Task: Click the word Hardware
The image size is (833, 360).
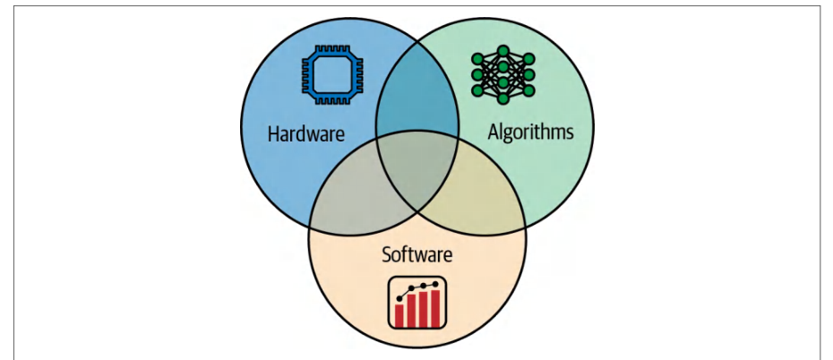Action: click(x=306, y=133)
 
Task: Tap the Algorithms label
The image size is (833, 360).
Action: click(x=531, y=132)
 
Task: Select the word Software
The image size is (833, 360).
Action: click(x=417, y=254)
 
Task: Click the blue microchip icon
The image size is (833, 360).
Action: click(x=332, y=74)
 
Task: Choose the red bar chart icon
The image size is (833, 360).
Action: click(x=417, y=304)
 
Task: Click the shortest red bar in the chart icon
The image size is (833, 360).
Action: click(x=399, y=315)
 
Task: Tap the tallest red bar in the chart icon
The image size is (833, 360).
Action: click(x=435, y=308)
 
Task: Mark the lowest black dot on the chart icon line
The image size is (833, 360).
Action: click(x=399, y=298)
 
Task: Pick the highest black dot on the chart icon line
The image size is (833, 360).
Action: click(x=436, y=284)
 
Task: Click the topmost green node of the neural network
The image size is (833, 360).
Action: click(x=503, y=50)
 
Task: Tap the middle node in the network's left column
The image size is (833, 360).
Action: click(x=477, y=74)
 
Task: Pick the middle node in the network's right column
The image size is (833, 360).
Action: click(x=529, y=74)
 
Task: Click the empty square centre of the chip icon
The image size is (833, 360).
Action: click(x=332, y=74)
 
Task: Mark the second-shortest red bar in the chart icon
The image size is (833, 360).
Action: click(x=411, y=311)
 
